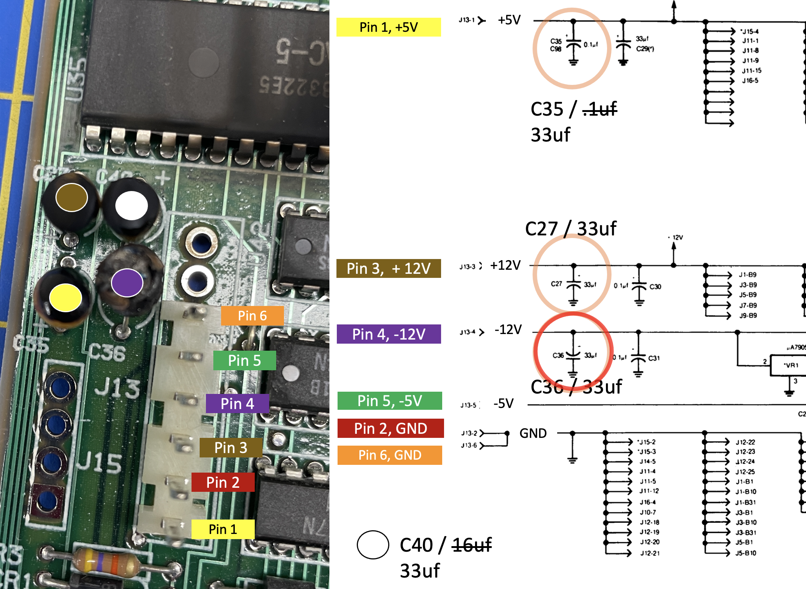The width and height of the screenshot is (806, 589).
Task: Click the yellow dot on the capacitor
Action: (65, 298)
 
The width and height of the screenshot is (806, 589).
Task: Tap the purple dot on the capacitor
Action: (127, 283)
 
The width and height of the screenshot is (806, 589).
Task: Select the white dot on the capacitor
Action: (132, 205)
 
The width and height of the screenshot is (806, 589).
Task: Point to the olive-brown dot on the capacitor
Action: (71, 197)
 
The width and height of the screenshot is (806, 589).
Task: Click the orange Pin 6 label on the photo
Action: (252, 316)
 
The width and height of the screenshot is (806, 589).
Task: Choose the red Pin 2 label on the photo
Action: (223, 482)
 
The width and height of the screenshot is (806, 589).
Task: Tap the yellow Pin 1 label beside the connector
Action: (223, 529)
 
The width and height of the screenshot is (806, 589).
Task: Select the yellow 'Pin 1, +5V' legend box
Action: (389, 27)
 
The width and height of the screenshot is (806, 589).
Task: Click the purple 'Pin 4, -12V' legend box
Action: (389, 334)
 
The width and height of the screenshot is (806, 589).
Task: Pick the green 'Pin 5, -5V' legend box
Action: (390, 401)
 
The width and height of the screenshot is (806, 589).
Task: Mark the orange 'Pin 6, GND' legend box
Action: (390, 455)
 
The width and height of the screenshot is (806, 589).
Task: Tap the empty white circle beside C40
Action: (373, 545)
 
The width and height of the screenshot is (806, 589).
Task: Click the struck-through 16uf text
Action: (472, 545)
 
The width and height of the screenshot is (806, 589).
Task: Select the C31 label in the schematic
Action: (654, 358)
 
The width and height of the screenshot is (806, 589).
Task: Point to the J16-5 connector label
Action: (750, 81)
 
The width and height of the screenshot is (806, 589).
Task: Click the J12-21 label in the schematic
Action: (650, 553)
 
